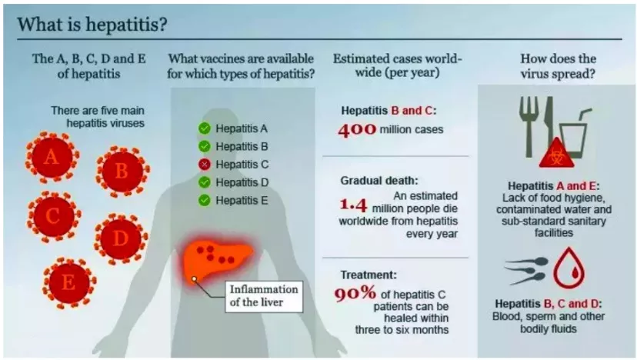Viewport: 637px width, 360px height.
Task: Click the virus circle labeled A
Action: pos(52,158)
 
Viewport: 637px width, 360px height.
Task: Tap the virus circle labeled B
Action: pos(121,171)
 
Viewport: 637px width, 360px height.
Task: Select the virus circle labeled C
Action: pos(52,216)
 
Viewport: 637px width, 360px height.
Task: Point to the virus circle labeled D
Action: pos(120,238)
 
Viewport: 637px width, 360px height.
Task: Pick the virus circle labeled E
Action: pos(68,282)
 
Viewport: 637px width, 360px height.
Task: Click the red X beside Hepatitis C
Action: pos(204,164)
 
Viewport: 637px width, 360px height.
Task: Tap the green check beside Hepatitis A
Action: pos(204,128)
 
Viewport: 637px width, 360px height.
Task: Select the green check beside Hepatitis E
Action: pos(204,200)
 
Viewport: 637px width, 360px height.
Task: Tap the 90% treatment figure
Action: pos(355,293)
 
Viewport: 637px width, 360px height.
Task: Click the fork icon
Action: pos(529,122)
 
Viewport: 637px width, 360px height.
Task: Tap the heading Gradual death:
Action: pos(379,181)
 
